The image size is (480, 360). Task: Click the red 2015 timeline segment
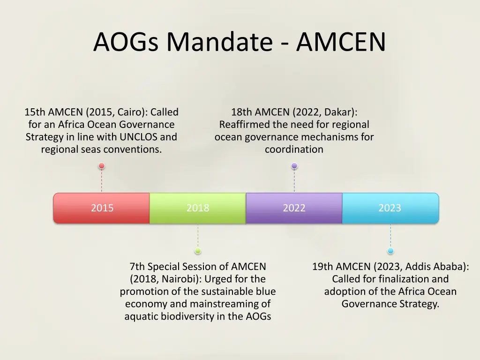point(102,208)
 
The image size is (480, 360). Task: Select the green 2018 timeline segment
point(198,208)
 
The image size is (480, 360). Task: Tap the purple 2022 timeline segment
point(294,208)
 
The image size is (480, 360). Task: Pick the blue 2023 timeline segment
point(390,208)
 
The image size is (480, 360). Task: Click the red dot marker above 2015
point(102,165)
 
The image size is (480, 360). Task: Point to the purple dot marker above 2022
point(294,165)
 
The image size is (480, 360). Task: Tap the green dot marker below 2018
point(198,251)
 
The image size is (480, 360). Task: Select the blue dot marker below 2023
point(390,251)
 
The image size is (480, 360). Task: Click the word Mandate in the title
point(219,42)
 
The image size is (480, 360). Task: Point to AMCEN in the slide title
point(341,42)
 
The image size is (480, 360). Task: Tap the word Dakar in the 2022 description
point(341,112)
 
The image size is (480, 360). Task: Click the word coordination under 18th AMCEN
point(294,150)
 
